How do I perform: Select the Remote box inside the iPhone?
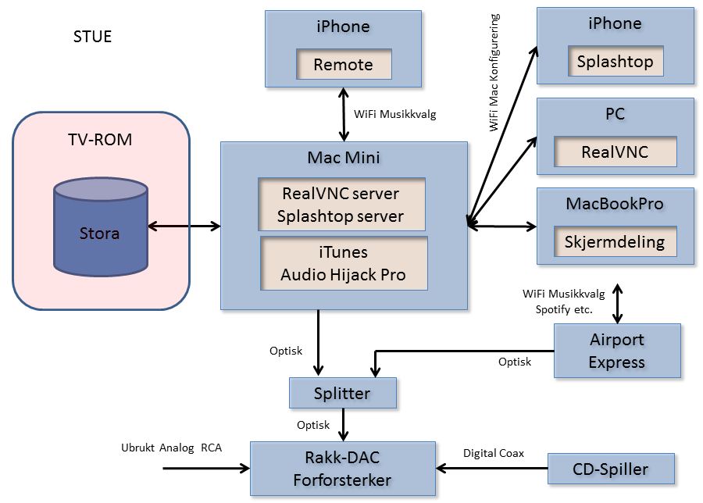coord(343,65)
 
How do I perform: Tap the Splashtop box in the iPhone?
coord(615,62)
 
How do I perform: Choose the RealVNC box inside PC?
coord(615,152)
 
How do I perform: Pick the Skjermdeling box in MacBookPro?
coord(615,242)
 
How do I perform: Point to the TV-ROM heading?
coord(99,141)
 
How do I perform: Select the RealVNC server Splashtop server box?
coord(342,205)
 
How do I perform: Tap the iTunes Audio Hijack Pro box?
coord(343,263)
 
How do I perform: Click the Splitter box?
coord(342,393)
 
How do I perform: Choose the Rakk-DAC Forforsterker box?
coord(342,469)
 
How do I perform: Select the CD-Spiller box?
coord(610,469)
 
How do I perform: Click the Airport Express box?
coord(616,351)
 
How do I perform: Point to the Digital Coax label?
coord(494,453)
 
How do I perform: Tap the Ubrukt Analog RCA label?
coord(171,448)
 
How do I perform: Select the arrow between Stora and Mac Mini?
coord(184,227)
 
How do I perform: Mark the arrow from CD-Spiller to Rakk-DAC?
coord(491,469)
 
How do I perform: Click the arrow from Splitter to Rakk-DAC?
coord(342,425)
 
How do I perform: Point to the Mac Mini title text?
coord(343,158)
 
